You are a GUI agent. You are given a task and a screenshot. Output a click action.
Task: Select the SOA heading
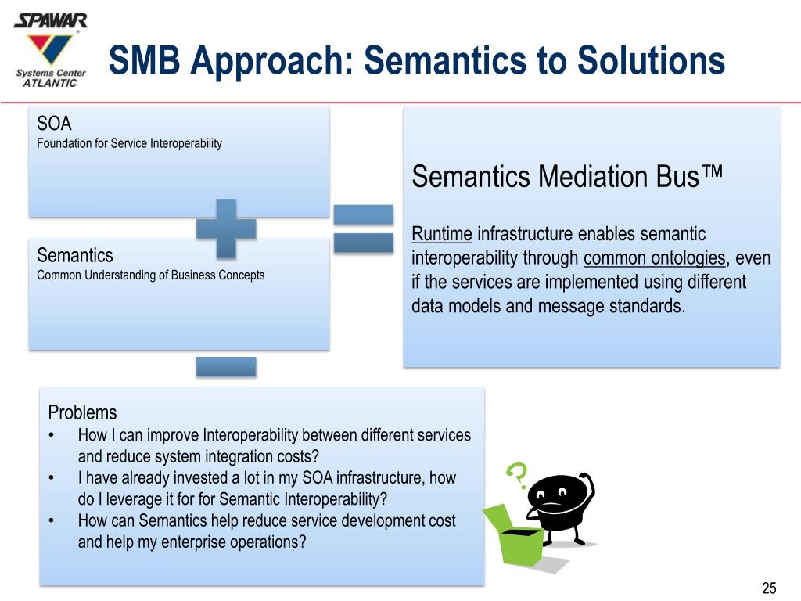(x=54, y=124)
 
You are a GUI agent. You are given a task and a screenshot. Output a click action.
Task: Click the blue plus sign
(x=226, y=228)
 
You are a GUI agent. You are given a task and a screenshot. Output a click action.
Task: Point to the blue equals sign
(x=363, y=229)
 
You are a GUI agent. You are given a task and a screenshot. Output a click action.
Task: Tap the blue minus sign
(x=226, y=365)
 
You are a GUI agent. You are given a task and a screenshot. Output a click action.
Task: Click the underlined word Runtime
(x=442, y=234)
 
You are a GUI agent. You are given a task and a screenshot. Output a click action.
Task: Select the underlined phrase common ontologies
(x=654, y=258)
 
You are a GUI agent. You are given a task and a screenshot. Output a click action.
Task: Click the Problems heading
(x=82, y=412)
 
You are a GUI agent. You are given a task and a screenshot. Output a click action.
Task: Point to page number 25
(x=768, y=588)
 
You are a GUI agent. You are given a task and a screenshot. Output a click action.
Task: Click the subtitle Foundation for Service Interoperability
(x=129, y=143)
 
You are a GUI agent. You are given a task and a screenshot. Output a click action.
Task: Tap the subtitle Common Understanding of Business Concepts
(x=150, y=275)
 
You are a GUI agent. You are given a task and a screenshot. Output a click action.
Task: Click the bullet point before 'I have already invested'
(x=51, y=477)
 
